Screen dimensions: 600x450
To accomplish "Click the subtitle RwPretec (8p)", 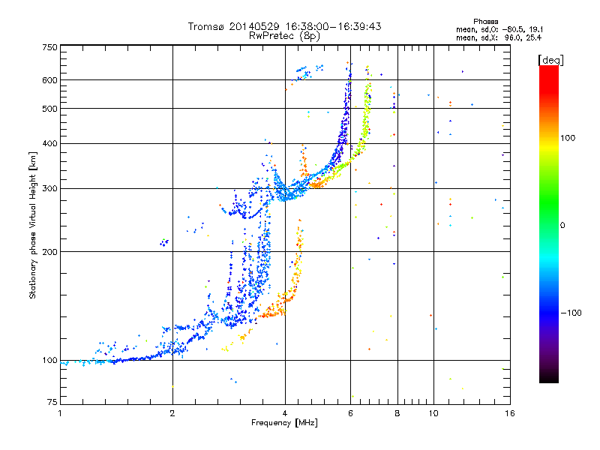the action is click(284, 36).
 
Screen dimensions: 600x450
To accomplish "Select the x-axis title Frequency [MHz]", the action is click(284, 423).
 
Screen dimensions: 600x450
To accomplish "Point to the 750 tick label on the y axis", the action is click(50, 47).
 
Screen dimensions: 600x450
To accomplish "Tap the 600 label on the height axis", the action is click(50, 80).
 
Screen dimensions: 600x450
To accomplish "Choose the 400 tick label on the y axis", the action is click(50, 143).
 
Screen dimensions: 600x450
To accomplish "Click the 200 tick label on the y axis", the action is click(50, 252).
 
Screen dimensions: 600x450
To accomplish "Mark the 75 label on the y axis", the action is click(52, 402).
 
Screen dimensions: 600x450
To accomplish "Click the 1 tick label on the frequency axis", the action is click(60, 413).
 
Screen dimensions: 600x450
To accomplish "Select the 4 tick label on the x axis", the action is click(285, 413).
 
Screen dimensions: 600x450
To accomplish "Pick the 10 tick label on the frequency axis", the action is click(433, 413).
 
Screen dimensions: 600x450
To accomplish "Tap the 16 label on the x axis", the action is click(510, 413).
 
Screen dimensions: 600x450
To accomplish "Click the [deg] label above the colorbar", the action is click(550, 60).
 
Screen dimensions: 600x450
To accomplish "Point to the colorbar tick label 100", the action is click(568, 138).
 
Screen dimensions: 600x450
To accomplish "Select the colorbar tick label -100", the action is click(571, 313).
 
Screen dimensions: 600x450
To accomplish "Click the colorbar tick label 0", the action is click(562, 226).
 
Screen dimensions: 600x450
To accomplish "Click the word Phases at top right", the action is click(485, 22).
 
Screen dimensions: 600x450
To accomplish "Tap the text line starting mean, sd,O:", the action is click(499, 29).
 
